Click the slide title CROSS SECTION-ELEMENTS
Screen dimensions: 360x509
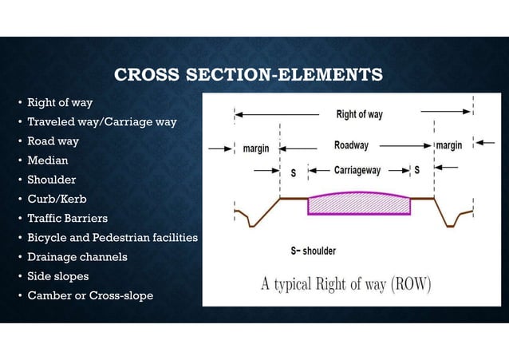[x=248, y=76]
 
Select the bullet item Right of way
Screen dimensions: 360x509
[x=60, y=103]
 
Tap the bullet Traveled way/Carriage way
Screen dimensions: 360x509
[x=101, y=122]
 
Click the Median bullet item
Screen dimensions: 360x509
[x=48, y=160]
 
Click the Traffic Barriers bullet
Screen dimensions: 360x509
[x=67, y=218]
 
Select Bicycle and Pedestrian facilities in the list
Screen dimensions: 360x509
[x=112, y=238]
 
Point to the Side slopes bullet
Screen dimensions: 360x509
[x=57, y=276]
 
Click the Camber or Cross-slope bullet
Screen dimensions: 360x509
[x=90, y=295]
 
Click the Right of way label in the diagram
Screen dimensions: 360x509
[x=359, y=114]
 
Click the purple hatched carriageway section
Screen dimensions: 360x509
[x=359, y=205]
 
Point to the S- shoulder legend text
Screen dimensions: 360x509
[x=313, y=251]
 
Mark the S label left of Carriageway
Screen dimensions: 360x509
[x=293, y=172]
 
